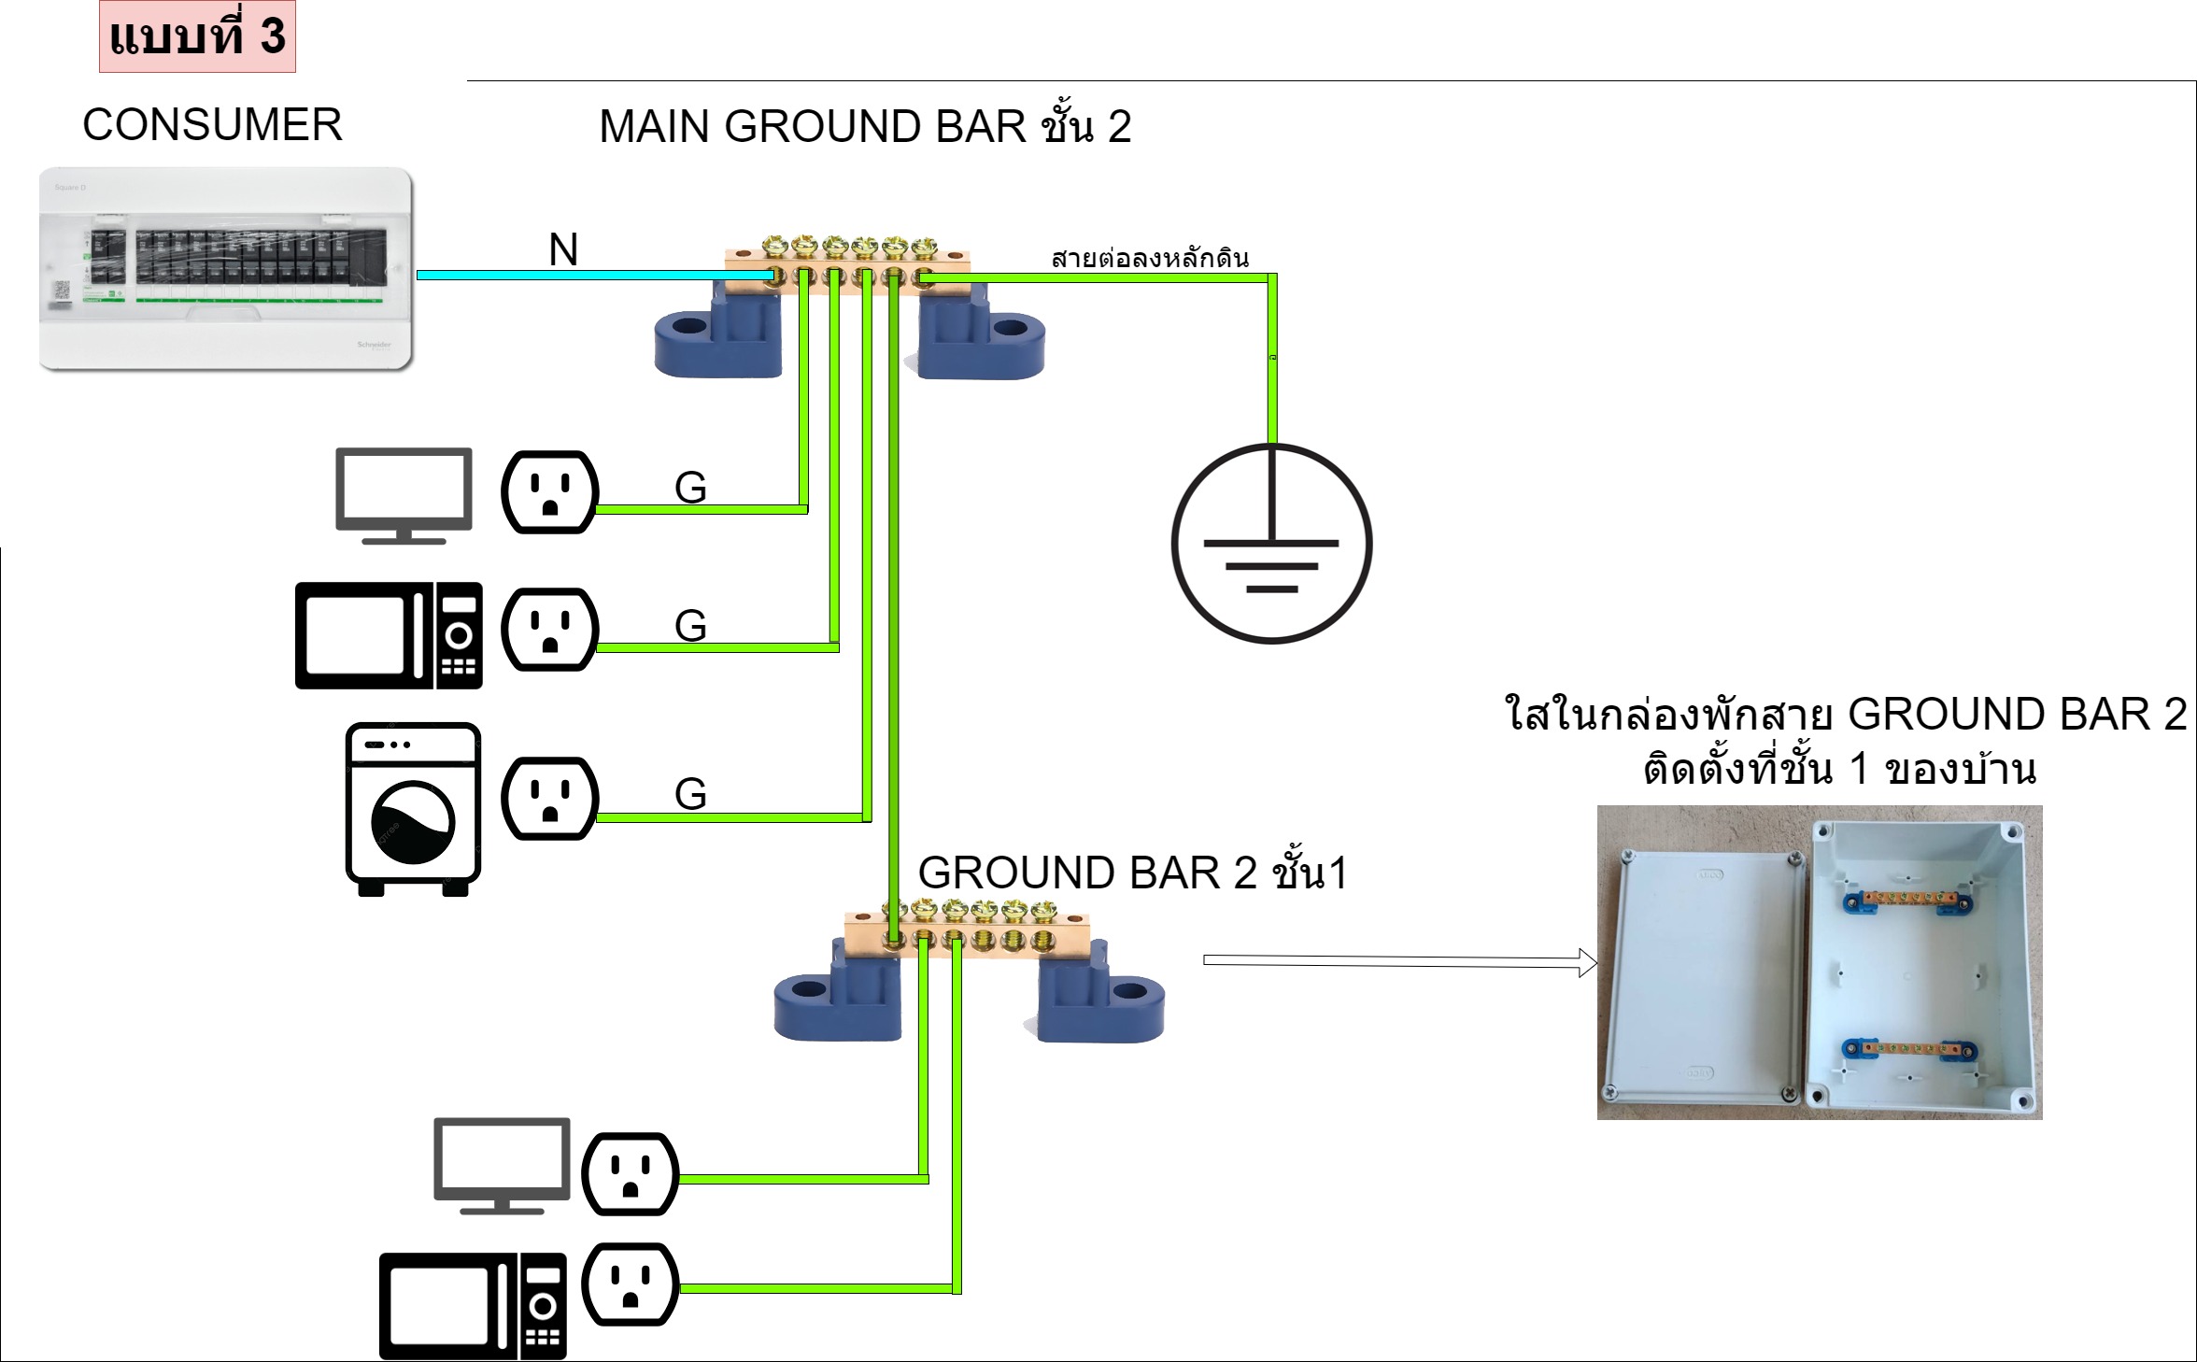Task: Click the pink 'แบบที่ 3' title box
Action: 197,36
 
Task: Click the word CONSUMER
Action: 212,124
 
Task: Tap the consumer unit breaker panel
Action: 226,268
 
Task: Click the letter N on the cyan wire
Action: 563,249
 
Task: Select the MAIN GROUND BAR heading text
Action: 864,126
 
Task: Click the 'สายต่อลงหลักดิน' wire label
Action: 1150,258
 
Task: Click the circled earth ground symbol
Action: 1271,544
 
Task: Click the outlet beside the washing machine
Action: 549,799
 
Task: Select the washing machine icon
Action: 413,809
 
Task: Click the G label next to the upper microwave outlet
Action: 690,625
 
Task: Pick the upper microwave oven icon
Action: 389,635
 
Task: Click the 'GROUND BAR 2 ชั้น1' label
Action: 1132,873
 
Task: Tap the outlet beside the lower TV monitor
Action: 631,1173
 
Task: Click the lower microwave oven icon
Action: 473,1305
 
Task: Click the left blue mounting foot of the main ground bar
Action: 718,338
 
